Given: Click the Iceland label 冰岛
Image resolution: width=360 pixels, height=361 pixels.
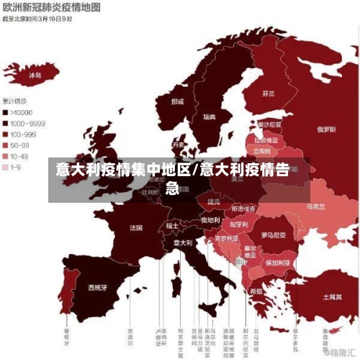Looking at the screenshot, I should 35,74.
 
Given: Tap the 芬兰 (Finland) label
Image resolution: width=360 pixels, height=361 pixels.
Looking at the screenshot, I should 268,93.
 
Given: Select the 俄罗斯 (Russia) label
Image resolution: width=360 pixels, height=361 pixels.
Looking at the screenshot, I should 327,130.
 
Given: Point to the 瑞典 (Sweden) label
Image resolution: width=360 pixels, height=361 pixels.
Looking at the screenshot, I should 209,116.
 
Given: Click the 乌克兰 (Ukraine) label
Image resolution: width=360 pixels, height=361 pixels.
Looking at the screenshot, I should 316,206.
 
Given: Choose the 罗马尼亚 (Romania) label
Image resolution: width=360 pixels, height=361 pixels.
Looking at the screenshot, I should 273,234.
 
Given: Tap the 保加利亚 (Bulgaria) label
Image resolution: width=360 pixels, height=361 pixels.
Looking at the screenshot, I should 277,262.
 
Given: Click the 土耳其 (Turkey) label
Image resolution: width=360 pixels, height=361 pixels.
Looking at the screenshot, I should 332,296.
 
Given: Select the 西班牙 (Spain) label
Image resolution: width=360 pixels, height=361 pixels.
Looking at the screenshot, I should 97,287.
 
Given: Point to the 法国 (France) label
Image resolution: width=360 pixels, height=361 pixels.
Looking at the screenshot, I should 136,228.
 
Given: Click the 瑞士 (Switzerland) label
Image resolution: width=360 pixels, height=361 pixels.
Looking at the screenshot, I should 172,225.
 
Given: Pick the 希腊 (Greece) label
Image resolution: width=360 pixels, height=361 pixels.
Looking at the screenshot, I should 256,291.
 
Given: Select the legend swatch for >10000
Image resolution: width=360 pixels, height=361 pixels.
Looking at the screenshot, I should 6,112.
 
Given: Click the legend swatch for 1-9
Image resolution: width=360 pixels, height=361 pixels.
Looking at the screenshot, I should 6,166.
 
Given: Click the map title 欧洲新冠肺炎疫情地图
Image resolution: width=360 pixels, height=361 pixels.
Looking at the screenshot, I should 51,7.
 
